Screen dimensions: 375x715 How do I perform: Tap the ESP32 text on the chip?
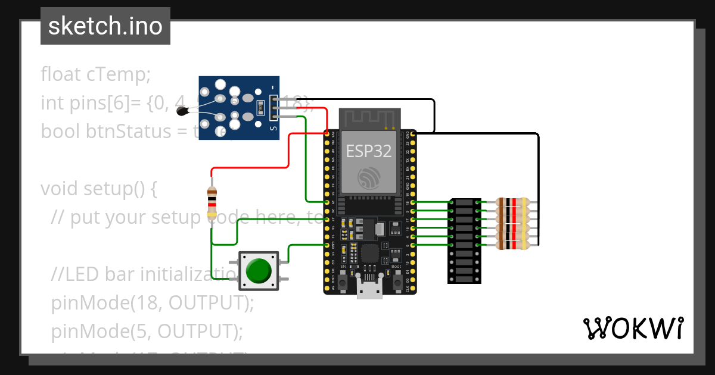[369, 151]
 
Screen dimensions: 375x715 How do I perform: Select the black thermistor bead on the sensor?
[187, 108]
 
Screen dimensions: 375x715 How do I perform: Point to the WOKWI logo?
[632, 328]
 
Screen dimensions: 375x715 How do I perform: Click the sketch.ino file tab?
[105, 26]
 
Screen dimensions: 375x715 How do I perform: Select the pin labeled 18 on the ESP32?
[413, 202]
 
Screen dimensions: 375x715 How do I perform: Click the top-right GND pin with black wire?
[413, 134]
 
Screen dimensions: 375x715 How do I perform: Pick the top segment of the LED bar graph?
[465, 203]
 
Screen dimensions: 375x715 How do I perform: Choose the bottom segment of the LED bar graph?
[465, 278]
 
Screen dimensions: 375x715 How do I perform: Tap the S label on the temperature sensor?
[273, 127]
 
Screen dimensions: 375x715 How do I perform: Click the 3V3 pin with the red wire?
[327, 134]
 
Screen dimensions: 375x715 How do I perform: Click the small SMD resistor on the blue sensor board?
[259, 108]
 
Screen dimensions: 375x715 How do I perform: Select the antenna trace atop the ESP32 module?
[369, 118]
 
